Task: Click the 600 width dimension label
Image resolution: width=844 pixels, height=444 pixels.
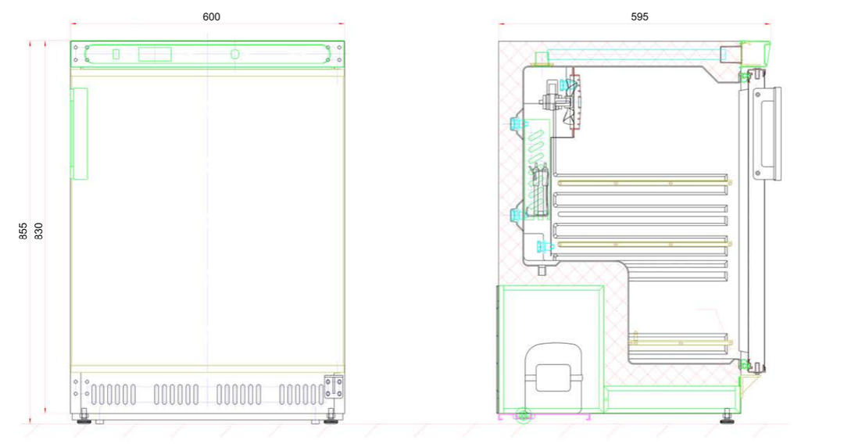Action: [x=211, y=16]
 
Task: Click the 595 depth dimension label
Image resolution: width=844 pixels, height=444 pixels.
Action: [x=639, y=16]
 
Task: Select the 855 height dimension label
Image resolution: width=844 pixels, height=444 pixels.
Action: [x=23, y=231]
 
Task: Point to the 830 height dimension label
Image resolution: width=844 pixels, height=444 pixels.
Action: [x=39, y=231]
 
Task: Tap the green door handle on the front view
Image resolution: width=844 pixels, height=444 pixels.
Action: [x=79, y=134]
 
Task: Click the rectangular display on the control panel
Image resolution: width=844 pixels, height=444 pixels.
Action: [x=155, y=55]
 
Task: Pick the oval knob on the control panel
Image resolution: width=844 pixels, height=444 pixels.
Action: [x=234, y=55]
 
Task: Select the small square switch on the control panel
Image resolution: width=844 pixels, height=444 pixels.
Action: [x=116, y=54]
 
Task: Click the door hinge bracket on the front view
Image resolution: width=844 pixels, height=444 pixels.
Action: [x=333, y=387]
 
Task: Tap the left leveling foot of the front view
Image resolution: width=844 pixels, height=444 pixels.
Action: [x=84, y=417]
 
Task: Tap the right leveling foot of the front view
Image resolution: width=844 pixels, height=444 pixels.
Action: [x=331, y=417]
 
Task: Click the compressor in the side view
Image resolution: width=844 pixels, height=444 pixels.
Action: [x=553, y=378]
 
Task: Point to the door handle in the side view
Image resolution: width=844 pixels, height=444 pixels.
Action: [x=767, y=133]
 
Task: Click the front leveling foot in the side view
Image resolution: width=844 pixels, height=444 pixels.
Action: [x=728, y=417]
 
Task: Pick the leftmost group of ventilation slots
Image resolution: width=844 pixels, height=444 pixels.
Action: [x=113, y=395]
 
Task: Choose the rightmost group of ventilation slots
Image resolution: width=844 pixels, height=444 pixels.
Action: [x=302, y=395]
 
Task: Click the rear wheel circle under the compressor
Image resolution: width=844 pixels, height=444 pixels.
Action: [x=523, y=415]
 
